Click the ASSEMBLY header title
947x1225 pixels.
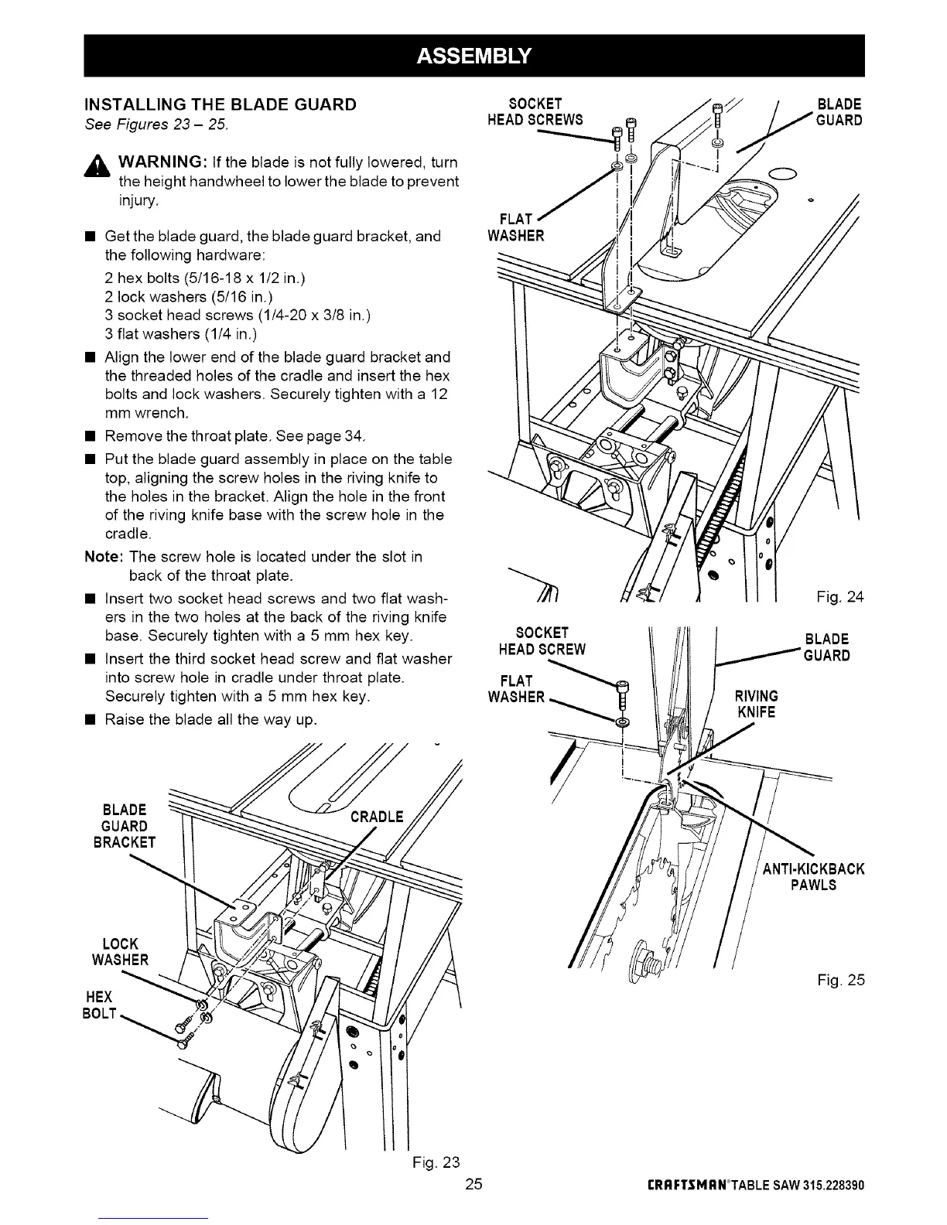(474, 56)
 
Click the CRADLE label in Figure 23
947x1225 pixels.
(377, 817)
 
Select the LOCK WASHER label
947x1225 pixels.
(120, 952)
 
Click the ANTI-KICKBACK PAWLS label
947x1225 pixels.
(813, 877)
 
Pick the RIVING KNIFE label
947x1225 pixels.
(756, 704)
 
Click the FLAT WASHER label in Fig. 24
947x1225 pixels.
(516, 227)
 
